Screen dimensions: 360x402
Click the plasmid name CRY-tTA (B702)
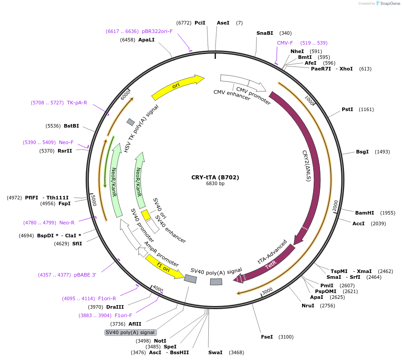pos(215,177)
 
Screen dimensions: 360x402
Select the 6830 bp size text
pos(215,183)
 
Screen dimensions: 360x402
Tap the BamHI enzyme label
pos(365,212)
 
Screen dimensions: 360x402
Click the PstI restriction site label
pos(348,109)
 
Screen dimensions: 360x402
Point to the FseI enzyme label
pos(267,337)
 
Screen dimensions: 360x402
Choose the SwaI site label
pos(215,352)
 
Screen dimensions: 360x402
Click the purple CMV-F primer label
pos(285,43)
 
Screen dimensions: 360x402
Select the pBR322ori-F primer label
pos(157,31)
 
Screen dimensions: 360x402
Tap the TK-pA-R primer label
pos(77,103)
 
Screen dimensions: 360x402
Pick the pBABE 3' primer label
pos(85,275)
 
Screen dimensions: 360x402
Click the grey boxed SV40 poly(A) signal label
pos(130,332)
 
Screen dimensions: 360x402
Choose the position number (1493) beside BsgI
pos(382,152)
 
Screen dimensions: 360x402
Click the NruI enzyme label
pos(308,306)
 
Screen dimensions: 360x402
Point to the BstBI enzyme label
pos(71,126)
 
